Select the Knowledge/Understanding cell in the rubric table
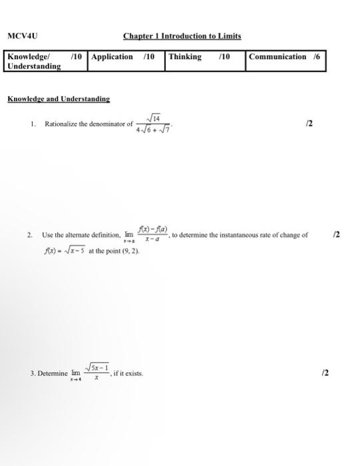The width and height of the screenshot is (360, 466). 35,61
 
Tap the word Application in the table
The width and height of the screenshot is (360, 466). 112,57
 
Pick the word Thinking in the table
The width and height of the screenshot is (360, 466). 185,57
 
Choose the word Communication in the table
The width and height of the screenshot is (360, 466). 277,57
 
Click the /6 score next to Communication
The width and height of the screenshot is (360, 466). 317,57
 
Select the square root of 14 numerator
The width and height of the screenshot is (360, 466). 152,118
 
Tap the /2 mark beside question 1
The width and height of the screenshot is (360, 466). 307,124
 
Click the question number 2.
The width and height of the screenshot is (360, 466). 30,235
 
